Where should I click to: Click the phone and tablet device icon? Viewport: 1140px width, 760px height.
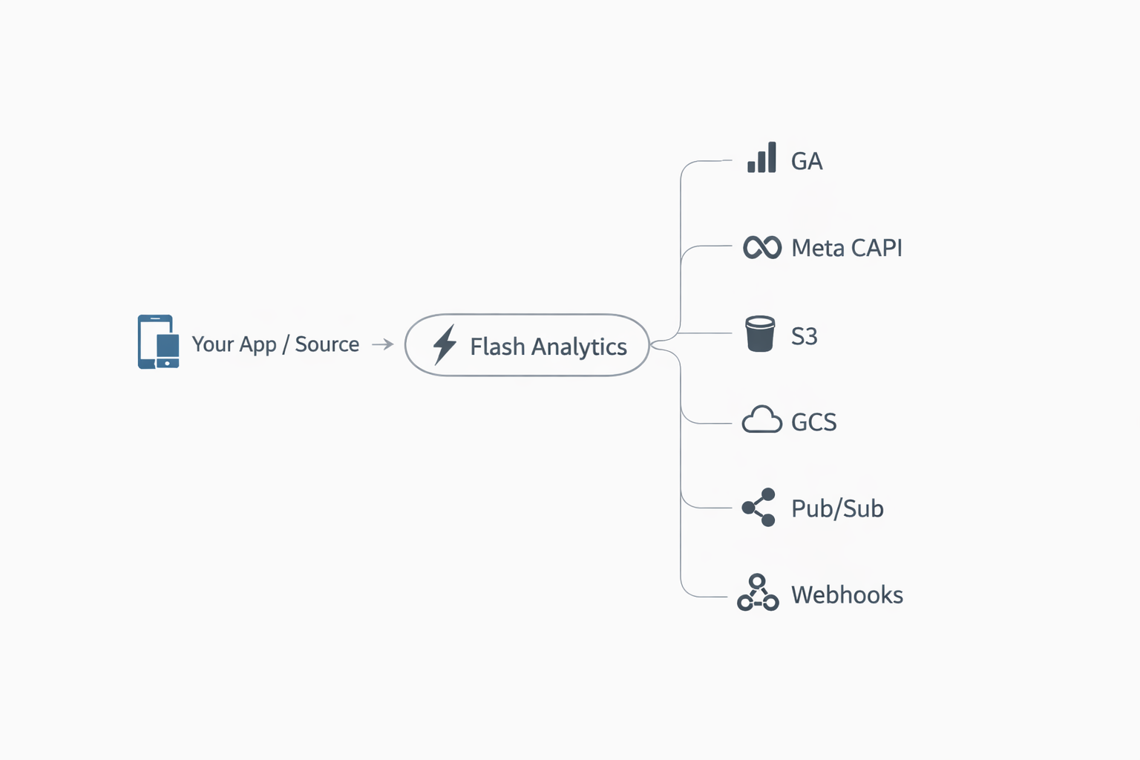tap(158, 342)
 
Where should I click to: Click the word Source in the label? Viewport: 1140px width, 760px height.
tap(327, 344)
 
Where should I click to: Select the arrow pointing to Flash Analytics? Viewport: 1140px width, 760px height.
tap(382, 344)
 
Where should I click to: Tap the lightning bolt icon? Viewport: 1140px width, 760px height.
tap(445, 344)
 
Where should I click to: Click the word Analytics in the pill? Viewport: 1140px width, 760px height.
tap(579, 347)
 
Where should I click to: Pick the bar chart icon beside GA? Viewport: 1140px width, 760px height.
tap(761, 157)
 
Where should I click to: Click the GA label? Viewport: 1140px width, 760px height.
tap(807, 161)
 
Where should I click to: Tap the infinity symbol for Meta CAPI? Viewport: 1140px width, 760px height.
tap(762, 247)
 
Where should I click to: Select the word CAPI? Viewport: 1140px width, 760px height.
tap(877, 248)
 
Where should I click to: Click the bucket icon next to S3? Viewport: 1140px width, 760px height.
tap(760, 334)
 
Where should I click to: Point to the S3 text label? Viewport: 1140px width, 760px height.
tap(804, 336)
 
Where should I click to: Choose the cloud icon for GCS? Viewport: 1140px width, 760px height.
tap(762, 420)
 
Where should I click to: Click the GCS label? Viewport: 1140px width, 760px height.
tap(813, 422)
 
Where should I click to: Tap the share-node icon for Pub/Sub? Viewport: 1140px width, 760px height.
tap(759, 508)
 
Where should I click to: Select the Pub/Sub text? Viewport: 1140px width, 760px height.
tap(837, 508)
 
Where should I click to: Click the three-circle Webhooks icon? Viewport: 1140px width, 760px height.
tap(758, 593)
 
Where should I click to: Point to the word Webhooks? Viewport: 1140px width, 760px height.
tap(847, 594)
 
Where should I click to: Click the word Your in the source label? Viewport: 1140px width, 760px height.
tap(212, 344)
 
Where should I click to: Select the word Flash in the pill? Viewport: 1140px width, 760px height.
tap(497, 347)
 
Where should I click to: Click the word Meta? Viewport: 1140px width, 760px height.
tap(818, 248)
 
